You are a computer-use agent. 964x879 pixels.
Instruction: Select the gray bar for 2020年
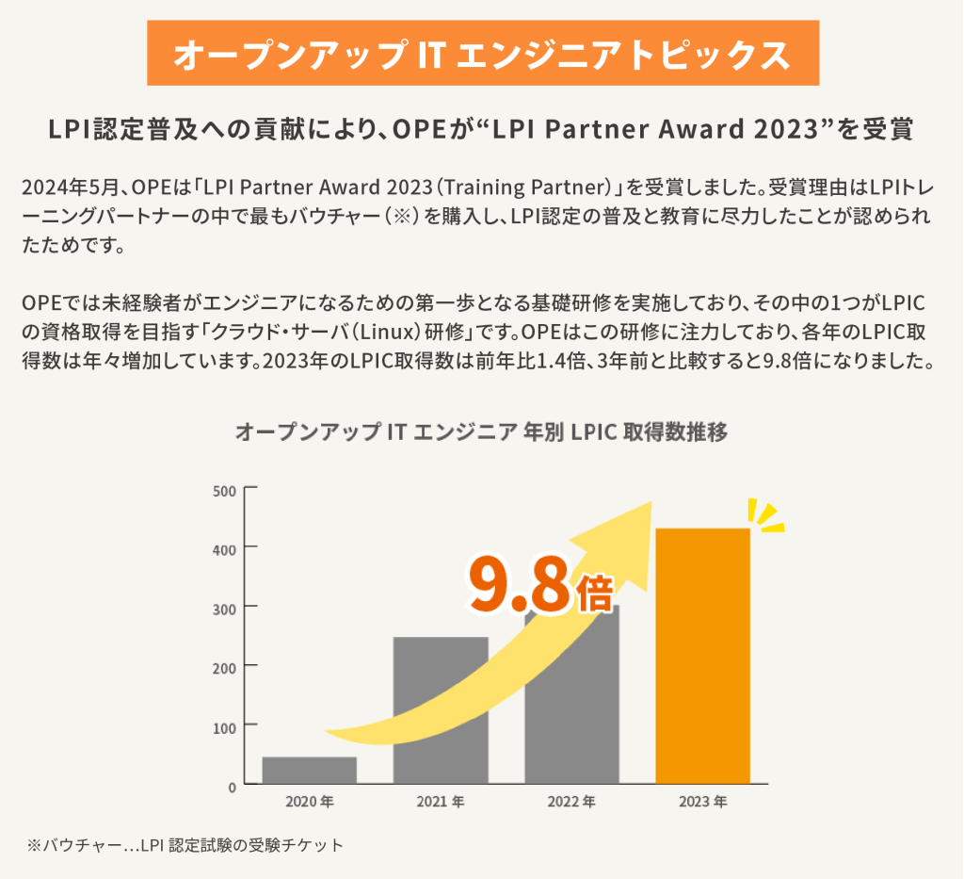(309, 770)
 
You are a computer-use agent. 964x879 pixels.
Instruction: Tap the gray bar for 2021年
(441, 709)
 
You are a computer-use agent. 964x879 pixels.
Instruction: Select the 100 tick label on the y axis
(225, 724)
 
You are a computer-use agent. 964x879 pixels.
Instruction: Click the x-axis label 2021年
(441, 803)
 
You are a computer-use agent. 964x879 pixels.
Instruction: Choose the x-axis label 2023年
(702, 803)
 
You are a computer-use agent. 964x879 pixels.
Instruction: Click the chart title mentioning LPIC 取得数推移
(481, 432)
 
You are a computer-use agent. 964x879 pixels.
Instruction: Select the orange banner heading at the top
(482, 55)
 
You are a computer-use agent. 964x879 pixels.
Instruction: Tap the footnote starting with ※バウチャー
(185, 845)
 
